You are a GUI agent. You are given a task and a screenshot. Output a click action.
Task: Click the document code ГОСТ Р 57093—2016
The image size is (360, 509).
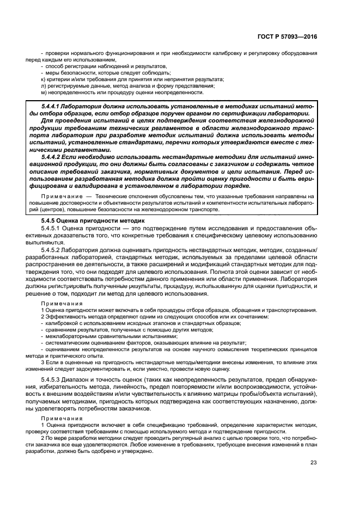[288, 36]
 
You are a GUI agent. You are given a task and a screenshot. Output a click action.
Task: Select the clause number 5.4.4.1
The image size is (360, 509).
[53, 105]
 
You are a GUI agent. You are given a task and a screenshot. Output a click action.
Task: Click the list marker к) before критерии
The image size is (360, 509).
[43, 79]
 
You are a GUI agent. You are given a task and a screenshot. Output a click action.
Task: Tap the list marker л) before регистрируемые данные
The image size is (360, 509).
[43, 86]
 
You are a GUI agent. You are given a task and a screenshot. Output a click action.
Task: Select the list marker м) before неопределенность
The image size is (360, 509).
[43, 93]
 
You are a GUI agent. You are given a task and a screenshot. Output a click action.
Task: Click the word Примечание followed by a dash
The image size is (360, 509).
[59, 195]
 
